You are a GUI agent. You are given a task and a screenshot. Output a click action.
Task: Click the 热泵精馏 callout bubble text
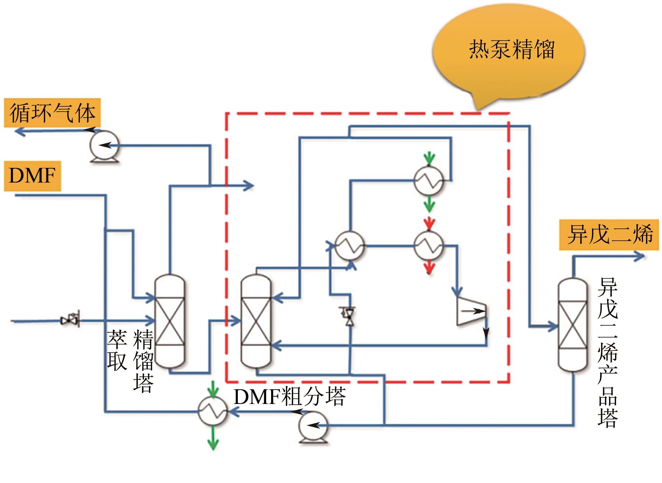pyautogui.click(x=511, y=50)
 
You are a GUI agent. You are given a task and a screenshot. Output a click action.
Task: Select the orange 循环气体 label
pyautogui.click(x=52, y=113)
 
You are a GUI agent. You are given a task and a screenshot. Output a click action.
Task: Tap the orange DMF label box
pyautogui.click(x=32, y=176)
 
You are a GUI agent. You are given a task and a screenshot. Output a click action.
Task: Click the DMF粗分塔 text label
pyautogui.click(x=289, y=397)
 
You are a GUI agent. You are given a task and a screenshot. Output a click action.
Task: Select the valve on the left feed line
pyautogui.click(x=70, y=319)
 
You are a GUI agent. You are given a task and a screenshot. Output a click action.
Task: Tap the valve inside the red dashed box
pyautogui.click(x=349, y=316)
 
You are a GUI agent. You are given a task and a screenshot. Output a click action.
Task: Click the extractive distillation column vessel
pyautogui.click(x=170, y=321)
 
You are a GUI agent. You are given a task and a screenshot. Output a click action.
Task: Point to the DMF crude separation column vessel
pyautogui.click(x=256, y=321)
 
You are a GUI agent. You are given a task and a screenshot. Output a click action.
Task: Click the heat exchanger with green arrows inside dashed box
pyautogui.click(x=429, y=181)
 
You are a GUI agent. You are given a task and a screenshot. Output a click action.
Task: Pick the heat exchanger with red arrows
pyautogui.click(x=429, y=246)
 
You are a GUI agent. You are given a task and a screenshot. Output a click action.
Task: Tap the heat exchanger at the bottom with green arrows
pyautogui.click(x=213, y=411)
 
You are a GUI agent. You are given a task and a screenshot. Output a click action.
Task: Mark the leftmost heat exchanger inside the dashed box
pyautogui.click(x=349, y=246)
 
